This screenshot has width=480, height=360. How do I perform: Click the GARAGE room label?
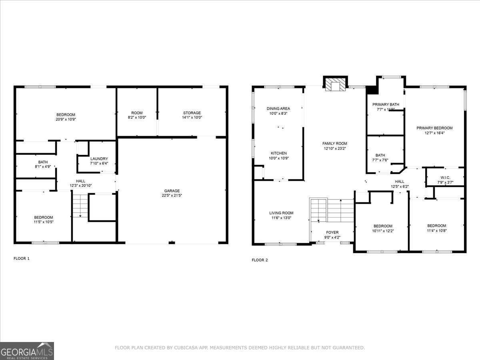click(172, 191)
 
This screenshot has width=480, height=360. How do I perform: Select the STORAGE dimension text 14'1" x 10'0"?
click(192, 118)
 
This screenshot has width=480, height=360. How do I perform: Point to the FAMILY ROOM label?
click(335, 143)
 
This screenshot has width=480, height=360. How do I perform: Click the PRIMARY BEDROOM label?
click(434, 128)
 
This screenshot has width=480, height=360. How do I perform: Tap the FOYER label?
click(332, 232)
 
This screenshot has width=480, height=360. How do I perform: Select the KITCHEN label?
click(278, 153)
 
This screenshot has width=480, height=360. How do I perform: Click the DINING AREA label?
click(278, 108)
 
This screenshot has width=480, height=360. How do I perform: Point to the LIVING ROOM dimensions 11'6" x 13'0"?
click(281, 218)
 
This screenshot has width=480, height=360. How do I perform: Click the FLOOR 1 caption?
click(22, 258)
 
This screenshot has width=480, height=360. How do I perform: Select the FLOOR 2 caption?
click(260, 260)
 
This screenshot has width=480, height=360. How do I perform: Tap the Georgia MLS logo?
click(27, 351)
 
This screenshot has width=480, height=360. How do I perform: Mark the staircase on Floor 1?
click(80, 206)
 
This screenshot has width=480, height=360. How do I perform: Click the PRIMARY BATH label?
click(386, 104)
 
